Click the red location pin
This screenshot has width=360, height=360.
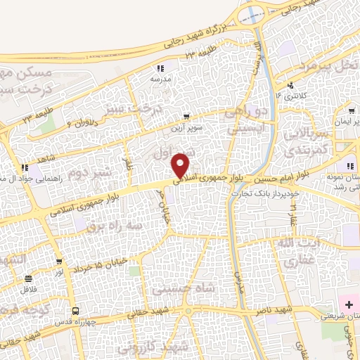(x=181, y=165)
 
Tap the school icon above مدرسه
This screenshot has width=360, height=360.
(x=160, y=69)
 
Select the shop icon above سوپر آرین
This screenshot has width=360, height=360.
(x=186, y=117)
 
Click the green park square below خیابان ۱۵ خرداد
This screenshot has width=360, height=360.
(x=134, y=271)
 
